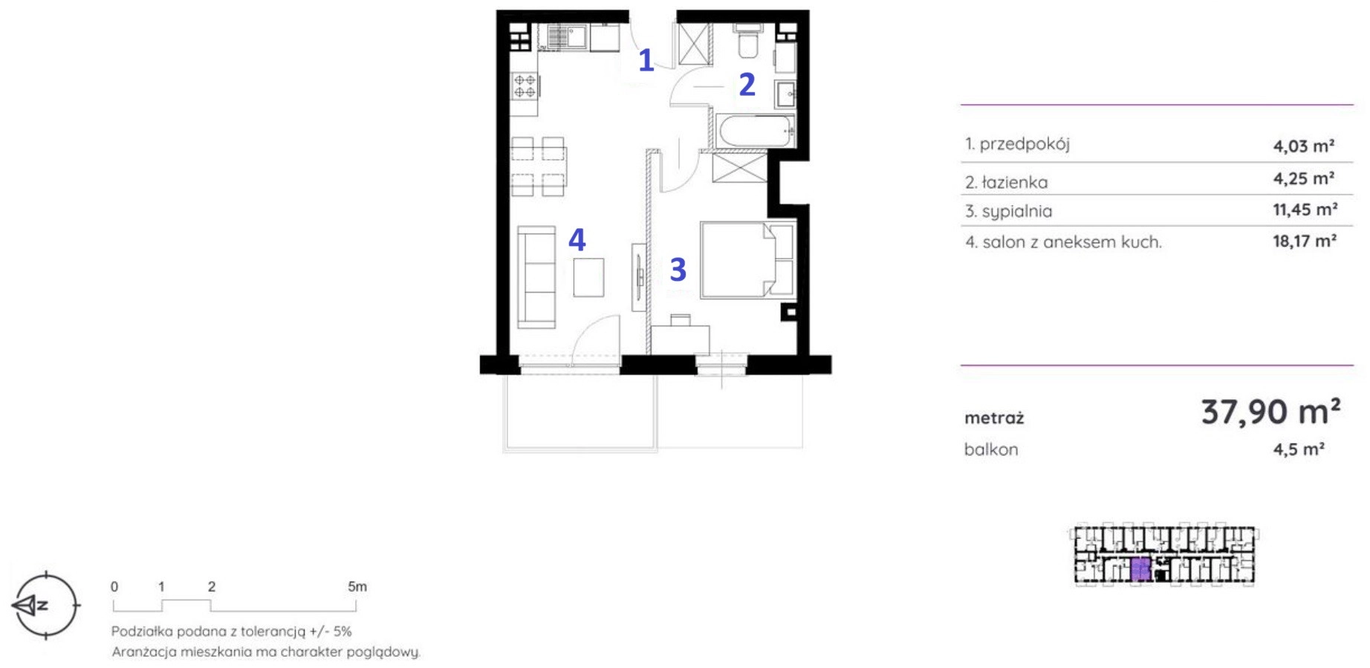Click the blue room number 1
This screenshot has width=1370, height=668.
(646, 60)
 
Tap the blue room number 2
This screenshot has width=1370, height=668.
(747, 85)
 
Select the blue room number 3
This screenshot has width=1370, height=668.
(678, 270)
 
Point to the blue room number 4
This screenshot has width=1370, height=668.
(577, 239)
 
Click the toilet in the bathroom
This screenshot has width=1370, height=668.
(747, 42)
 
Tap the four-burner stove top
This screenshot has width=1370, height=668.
(525, 86)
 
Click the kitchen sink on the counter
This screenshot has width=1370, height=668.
(567, 36)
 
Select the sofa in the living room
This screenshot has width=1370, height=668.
(536, 277)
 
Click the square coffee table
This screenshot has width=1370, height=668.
(588, 277)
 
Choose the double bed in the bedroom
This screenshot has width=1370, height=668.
(747, 259)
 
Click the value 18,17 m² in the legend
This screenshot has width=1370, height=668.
(1305, 241)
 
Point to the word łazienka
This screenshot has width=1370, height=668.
(1015, 182)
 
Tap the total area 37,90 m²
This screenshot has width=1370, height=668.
(1270, 411)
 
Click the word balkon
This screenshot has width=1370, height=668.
(991, 450)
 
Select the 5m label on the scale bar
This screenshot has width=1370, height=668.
(357, 587)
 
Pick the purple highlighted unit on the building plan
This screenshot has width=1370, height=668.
(1140, 569)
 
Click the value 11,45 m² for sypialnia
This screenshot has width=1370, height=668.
(1305, 210)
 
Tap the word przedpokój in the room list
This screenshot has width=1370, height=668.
(1025, 144)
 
